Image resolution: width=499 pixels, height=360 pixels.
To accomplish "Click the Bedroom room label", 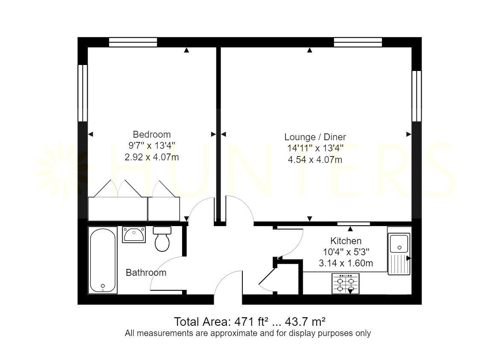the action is (151, 134).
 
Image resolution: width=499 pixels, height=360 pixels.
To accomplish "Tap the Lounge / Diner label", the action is (315, 137).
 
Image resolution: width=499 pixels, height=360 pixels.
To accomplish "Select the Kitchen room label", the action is (346, 241).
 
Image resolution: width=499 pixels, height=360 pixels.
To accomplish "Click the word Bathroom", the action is (146, 272).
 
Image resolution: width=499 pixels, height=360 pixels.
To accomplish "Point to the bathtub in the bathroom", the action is (103, 260).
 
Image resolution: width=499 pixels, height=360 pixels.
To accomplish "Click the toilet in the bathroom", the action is (162, 239).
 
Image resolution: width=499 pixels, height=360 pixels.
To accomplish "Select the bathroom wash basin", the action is (134, 235).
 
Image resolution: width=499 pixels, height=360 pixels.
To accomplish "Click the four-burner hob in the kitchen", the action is (345, 283).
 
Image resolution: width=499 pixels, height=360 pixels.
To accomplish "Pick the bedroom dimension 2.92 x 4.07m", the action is (151, 157).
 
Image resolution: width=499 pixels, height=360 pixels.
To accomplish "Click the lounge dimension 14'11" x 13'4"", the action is (315, 148).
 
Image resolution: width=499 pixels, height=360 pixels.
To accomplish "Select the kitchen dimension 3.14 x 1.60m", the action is (346, 263).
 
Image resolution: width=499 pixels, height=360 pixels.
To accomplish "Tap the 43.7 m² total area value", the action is (305, 322).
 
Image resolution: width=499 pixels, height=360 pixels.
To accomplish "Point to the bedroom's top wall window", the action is (133, 42).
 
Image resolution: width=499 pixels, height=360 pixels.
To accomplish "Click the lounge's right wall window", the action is (416, 96).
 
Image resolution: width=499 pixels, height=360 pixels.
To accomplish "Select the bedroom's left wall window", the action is (83, 93).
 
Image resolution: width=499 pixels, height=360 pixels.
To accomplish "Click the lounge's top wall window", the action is (358, 42).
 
